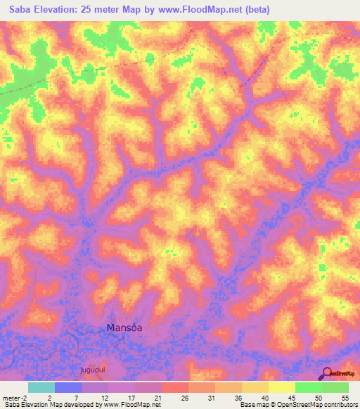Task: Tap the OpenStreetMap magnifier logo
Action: click(327, 373)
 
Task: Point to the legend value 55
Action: click(345, 397)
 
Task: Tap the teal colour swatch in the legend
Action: click(41, 387)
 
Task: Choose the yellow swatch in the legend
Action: click(282, 387)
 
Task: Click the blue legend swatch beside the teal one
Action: click(68, 387)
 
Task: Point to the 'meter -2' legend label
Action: click(15, 397)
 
